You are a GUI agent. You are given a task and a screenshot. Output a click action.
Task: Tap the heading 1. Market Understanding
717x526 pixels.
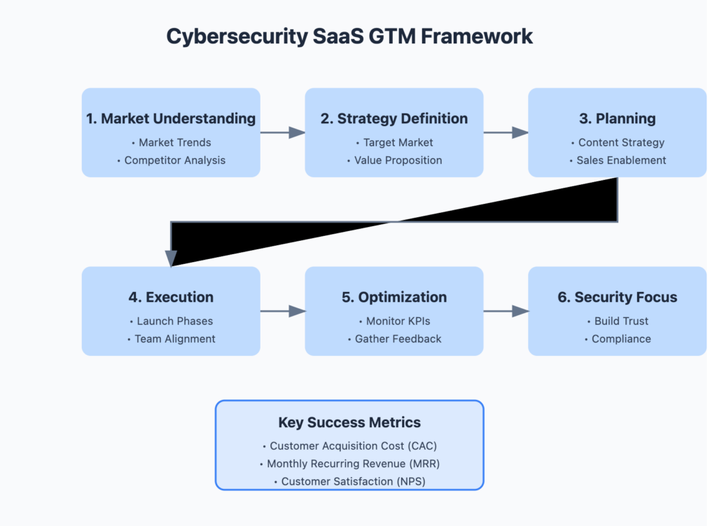171,118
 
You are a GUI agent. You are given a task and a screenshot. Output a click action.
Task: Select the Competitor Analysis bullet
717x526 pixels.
171,160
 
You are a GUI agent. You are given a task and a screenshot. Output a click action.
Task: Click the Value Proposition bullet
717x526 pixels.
394,160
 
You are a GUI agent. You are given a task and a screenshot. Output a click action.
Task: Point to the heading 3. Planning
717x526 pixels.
617,118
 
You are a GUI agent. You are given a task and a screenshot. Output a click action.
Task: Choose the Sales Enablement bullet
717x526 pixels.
617,160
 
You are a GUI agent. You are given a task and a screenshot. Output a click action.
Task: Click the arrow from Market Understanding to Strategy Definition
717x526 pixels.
282,132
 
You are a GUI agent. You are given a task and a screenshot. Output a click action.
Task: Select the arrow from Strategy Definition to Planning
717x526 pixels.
506,132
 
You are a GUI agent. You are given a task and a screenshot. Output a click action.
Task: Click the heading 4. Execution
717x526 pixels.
171,297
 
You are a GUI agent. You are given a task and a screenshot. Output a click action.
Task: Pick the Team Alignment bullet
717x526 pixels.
171,339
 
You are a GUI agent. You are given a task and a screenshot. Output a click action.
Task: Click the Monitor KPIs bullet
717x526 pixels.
394,321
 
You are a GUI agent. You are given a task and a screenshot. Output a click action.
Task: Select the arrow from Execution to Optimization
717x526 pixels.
282,311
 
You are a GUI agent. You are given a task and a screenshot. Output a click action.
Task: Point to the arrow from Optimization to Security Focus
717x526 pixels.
506,311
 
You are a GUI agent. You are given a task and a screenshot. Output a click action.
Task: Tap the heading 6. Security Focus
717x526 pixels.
617,297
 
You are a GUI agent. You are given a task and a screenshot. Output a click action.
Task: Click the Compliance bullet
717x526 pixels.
617,339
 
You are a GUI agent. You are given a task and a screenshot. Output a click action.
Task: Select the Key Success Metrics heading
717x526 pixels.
349,422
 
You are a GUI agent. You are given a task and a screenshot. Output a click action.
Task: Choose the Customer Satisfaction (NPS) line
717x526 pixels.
349,482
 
